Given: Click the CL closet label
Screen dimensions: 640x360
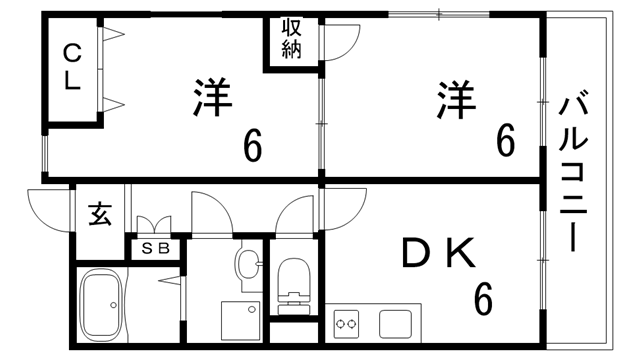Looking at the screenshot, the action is (73, 68).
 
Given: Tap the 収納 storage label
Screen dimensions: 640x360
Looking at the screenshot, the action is (291, 39).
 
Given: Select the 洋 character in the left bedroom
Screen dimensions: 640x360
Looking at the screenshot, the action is (211, 98).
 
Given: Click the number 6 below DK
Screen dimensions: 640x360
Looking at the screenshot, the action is (484, 297).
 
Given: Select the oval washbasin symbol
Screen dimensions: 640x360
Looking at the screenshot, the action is (247, 265).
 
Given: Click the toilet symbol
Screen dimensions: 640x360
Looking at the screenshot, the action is (294, 281).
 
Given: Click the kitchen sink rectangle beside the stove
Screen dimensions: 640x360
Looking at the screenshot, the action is (395, 324).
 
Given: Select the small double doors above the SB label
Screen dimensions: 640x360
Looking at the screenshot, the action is (154, 225).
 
